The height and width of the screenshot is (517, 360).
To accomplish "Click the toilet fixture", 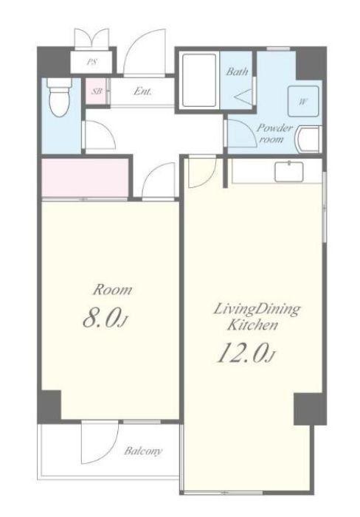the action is click(x=59, y=97).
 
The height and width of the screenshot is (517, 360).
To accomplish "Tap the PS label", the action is click(x=92, y=62).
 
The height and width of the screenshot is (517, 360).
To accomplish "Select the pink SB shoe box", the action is click(x=96, y=91).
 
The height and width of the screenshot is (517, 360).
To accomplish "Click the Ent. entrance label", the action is click(x=142, y=91).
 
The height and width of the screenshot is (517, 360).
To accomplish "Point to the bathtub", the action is click(x=198, y=80).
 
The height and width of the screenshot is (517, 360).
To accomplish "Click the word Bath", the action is click(x=237, y=72).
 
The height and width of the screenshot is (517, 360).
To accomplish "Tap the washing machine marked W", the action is click(x=303, y=101).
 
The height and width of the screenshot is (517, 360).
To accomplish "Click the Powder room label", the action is click(x=274, y=133).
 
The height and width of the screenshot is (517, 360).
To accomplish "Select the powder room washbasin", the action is click(x=308, y=139).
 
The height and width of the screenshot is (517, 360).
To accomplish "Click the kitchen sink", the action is click(x=289, y=171).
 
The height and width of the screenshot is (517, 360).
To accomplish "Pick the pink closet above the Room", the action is click(x=85, y=178).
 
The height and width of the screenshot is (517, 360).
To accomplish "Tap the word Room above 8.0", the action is click(x=112, y=290).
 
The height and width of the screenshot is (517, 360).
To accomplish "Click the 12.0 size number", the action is click(x=245, y=353).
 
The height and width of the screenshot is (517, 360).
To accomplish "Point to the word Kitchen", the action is click(x=253, y=325).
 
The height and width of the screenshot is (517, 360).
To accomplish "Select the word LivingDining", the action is click(x=257, y=310).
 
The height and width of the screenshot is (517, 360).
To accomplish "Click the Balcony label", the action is click(x=143, y=451).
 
